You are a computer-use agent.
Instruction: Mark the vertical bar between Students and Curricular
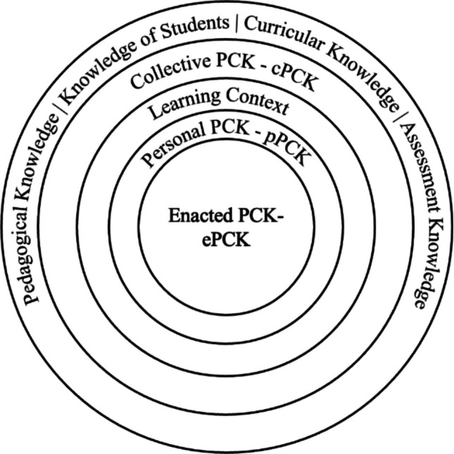pos(237,23)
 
